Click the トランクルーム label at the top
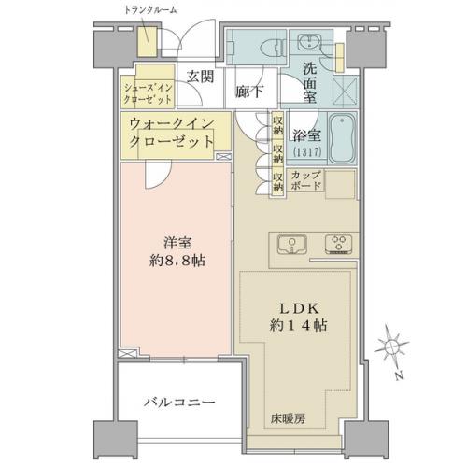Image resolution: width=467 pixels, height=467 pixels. point(150,11)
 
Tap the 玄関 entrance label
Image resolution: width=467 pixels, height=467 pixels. point(201,77)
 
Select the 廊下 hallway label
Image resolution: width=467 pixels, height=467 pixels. point(248,92)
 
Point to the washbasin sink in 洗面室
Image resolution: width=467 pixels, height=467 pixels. point(310,42)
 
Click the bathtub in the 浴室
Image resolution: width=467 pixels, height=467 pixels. point(343,138)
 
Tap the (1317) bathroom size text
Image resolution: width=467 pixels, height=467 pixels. point(306,152)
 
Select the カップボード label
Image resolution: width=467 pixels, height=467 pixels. point(305,180)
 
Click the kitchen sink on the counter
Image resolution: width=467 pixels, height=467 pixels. point(292,245)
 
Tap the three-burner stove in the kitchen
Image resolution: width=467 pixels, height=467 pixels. point(339,244)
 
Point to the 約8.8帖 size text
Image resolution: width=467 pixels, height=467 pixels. point(177,261)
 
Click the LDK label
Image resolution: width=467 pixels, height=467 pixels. point(298,309)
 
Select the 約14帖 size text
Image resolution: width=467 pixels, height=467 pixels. point(298,326)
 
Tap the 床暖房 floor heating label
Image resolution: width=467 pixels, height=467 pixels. point(288,419)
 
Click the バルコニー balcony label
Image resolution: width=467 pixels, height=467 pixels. point(179,403)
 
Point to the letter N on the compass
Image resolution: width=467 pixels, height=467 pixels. point(399,375)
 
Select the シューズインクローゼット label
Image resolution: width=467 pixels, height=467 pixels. point(148,93)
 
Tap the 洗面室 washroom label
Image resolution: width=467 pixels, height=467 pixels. point(310,83)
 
